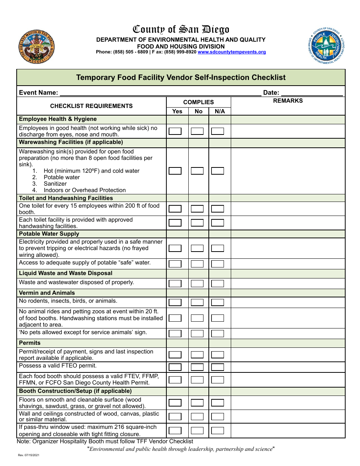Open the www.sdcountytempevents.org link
pyautogui.click(x=232, y=52)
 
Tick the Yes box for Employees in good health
pyautogui.click(x=175, y=131)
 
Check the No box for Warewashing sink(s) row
pyautogui.click(x=197, y=171)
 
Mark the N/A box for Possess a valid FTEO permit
pyautogui.click(x=218, y=367)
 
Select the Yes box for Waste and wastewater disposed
pyautogui.click(x=175, y=283)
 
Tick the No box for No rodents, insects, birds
pyautogui.click(x=197, y=302)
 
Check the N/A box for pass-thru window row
pyautogui.click(x=218, y=430)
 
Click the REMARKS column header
pyautogui.click(x=288, y=101)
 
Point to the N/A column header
pyautogui.click(x=220, y=111)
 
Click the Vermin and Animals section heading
pyautogui.click(x=47, y=293)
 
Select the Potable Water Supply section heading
pyautogui.click(x=49, y=234)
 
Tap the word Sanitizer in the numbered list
pyautogui.click(x=55, y=184)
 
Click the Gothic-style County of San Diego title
pyautogui.click(x=181, y=30)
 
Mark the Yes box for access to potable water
pyautogui.click(x=175, y=264)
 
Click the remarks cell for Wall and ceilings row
pyautogui.click(x=288, y=416)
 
